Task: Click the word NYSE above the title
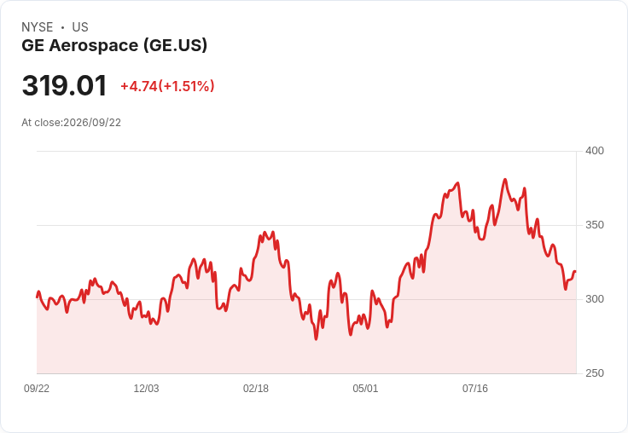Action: [38, 27]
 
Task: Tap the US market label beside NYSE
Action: [80, 27]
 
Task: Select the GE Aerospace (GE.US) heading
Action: [114, 46]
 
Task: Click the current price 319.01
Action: [65, 85]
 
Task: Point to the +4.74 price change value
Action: [139, 86]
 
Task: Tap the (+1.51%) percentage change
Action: [186, 86]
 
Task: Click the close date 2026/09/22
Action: [92, 123]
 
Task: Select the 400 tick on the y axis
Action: [595, 151]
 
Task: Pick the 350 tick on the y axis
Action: [595, 225]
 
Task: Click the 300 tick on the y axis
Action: [595, 299]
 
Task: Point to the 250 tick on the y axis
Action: [595, 373]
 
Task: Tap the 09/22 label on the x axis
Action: [37, 388]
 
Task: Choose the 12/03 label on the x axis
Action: [146, 388]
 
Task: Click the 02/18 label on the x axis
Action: [256, 388]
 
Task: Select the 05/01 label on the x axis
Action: [365, 388]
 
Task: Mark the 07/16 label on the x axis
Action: [475, 388]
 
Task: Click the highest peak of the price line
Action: [504, 180]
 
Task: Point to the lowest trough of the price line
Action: [316, 339]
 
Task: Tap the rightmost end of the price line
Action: [575, 272]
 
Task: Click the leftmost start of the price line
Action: [38, 297]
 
